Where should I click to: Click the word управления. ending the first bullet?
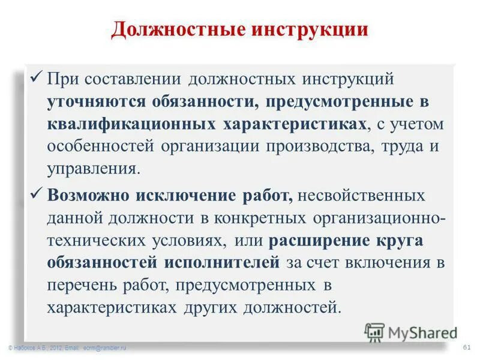click(93, 169)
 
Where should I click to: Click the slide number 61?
click(466, 347)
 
